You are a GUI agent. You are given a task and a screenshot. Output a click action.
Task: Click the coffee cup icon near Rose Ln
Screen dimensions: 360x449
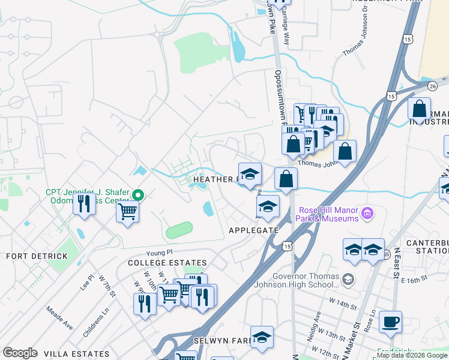(390, 322)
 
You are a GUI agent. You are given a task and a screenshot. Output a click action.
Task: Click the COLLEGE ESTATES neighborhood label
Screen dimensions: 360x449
(167, 263)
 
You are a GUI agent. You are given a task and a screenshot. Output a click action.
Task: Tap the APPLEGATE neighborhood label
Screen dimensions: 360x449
(253, 230)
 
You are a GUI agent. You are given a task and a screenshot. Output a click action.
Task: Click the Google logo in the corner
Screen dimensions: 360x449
(20, 353)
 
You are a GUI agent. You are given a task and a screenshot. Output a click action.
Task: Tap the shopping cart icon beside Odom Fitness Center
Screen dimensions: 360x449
(127, 211)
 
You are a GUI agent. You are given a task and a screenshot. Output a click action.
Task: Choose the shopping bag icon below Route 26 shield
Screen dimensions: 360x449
(419, 109)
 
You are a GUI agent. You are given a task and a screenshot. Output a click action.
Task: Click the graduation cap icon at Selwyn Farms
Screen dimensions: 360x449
(262, 337)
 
